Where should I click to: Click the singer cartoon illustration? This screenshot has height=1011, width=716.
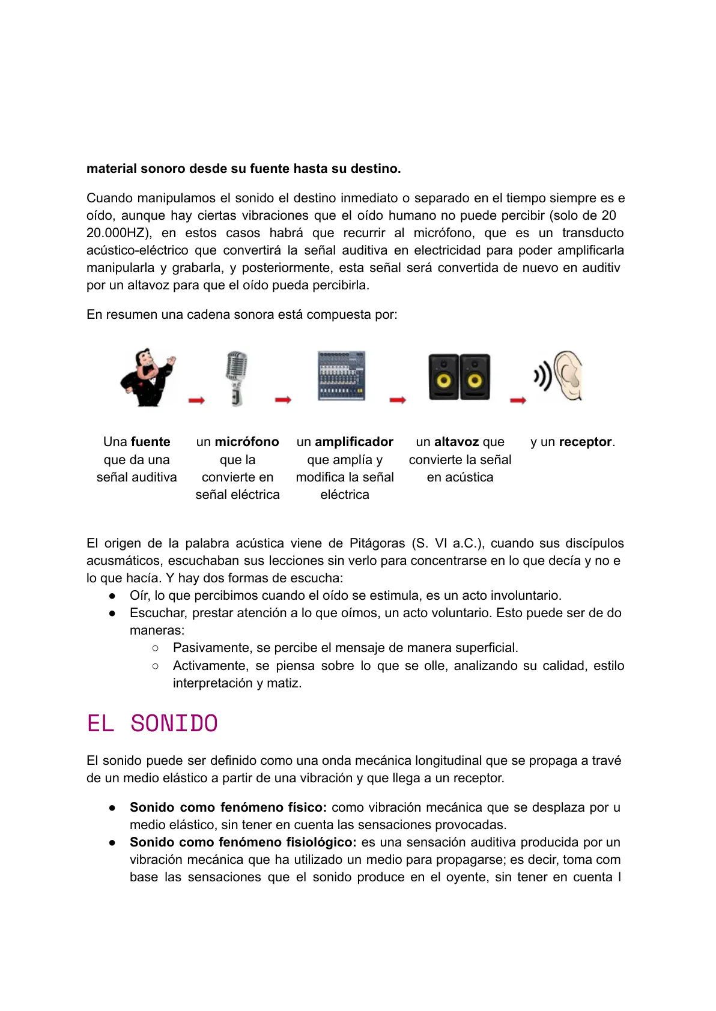coord(147,378)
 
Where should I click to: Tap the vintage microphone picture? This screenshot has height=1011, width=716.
coord(237,378)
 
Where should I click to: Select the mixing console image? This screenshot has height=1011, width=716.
coord(341,376)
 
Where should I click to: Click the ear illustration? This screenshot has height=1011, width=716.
coord(568,376)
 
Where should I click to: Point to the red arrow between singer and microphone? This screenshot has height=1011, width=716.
coord(196,400)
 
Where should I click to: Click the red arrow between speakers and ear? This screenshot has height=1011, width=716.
coord(518,400)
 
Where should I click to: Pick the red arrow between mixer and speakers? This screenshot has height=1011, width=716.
coord(398,400)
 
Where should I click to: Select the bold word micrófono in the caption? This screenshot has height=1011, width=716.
coord(247,442)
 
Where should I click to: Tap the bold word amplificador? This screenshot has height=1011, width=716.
coord(354,442)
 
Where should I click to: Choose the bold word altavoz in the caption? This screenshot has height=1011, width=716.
coord(457,442)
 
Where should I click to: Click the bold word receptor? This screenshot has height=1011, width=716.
coord(585,442)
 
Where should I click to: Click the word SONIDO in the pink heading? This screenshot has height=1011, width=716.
coord(174,723)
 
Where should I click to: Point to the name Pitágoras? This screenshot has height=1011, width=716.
coord(377,543)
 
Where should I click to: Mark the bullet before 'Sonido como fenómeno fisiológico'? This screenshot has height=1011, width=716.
coord(112,842)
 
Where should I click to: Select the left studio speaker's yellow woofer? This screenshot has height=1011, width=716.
coord(444,381)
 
